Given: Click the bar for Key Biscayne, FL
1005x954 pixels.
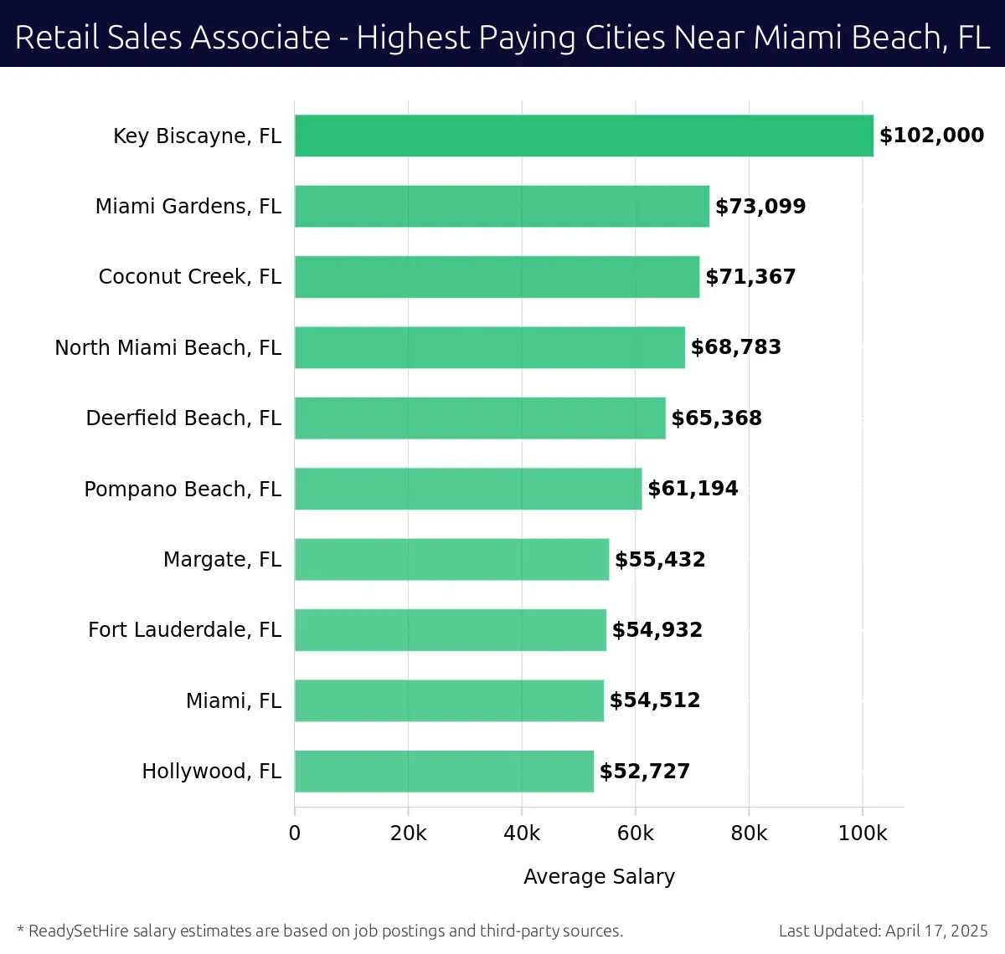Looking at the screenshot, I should (x=584, y=136).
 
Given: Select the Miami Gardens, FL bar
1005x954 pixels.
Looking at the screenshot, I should (x=502, y=207).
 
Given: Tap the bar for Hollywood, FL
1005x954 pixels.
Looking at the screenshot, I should (x=444, y=772).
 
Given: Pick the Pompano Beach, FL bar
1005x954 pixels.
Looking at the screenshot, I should (x=468, y=489).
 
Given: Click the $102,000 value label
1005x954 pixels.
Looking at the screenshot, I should (x=931, y=136).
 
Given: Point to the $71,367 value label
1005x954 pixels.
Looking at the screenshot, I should (x=750, y=277).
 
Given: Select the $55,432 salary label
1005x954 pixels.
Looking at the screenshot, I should (x=660, y=560).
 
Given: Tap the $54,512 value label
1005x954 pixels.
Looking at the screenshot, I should (x=655, y=700).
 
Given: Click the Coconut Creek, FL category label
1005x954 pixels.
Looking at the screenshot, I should (x=189, y=277).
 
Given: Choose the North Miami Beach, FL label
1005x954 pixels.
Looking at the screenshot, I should (x=167, y=347).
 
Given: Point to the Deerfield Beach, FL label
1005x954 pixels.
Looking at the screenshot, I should (x=183, y=418).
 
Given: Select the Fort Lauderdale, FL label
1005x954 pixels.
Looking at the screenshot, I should (x=184, y=630).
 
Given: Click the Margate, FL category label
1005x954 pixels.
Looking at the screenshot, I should (x=222, y=560).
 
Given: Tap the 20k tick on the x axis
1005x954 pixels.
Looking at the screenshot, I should (x=408, y=833).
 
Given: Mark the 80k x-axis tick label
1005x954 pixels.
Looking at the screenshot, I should (x=749, y=833).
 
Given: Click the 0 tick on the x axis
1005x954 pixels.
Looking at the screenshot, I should (x=295, y=833).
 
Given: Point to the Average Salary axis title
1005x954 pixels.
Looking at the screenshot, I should (x=599, y=876).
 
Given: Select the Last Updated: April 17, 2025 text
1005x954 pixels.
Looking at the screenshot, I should (x=883, y=931).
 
